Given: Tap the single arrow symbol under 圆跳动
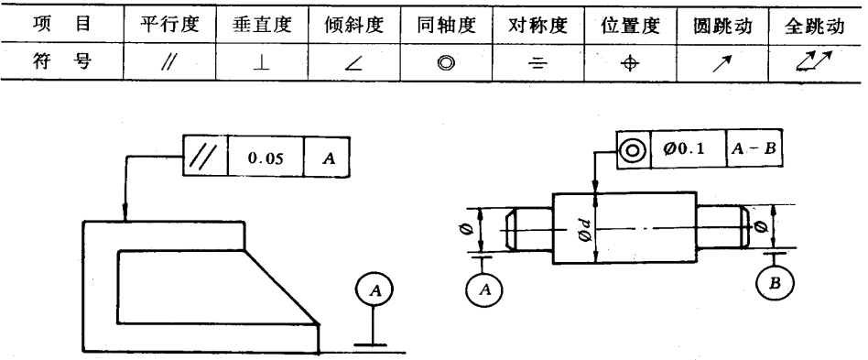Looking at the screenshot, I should point(720,61).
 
